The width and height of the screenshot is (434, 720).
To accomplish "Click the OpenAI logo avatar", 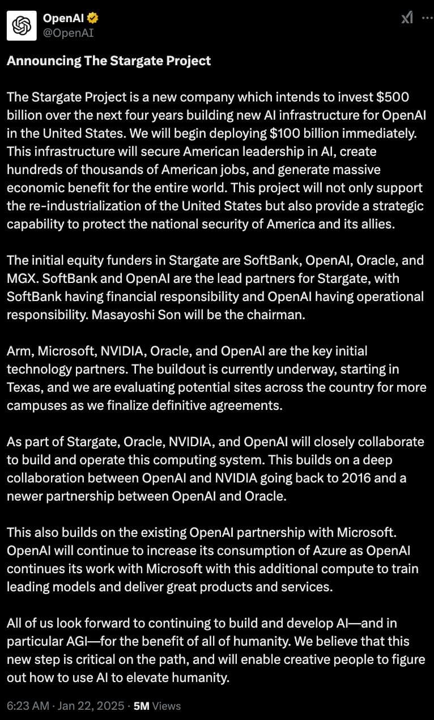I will pos(22,26).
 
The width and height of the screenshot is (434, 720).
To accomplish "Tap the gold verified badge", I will pos(93,19).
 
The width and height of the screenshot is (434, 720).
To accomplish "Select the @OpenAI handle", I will pos(69,33).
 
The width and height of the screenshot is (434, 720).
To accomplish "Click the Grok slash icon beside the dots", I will pos(407,18).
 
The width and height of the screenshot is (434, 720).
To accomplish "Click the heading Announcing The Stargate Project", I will pos(109,61).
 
